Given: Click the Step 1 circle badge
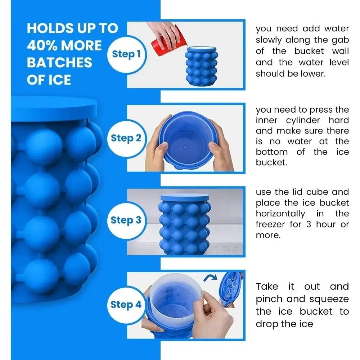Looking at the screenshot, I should [126, 54].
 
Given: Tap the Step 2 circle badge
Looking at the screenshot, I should [126, 138].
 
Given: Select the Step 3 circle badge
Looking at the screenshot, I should [126, 220].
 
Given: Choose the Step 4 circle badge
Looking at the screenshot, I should [126, 305].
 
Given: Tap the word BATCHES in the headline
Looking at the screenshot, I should [59, 63].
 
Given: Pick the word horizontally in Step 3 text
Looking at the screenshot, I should [280, 213].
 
